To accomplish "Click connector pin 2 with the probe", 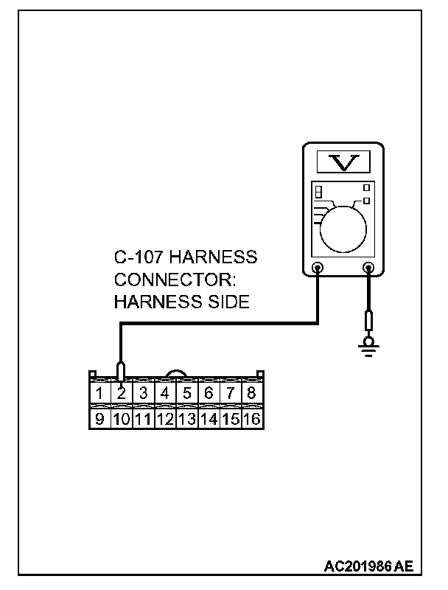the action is coord(122,393).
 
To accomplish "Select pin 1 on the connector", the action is coord(99,393).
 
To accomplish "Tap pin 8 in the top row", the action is coord(251,393).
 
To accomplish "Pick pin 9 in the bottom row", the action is coord(99,419).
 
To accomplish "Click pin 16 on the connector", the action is coord(252,419).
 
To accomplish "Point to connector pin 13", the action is coord(186,419).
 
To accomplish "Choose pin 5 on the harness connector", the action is coord(186,393).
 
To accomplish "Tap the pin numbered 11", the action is coord(143,419).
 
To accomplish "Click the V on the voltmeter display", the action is coord(343,161).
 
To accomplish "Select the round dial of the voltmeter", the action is coord(343,225).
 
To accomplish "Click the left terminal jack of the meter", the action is coord(318,268).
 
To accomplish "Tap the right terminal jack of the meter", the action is coord(368,268).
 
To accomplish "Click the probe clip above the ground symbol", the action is coord(368,321).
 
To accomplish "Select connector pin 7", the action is coord(230,393).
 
